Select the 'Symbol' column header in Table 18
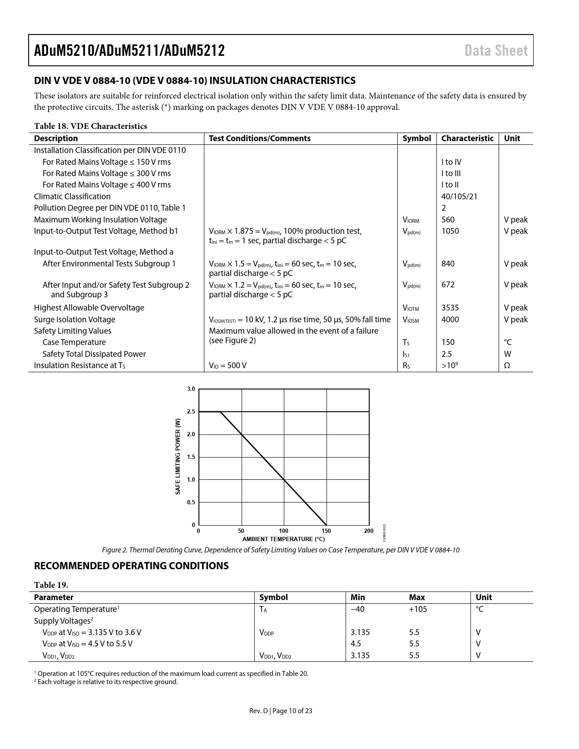click(416, 138)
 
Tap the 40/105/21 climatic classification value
click(459, 197)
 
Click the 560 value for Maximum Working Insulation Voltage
click(448, 220)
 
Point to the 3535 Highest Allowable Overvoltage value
click(450, 308)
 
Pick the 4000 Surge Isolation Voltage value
click(450, 320)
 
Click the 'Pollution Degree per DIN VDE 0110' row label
click(109, 208)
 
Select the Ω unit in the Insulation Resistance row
click(507, 365)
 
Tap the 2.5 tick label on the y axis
click(191, 412)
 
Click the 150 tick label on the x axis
click(326, 531)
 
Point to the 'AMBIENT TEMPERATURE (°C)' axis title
click(283, 539)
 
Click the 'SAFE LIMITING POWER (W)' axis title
click(178, 457)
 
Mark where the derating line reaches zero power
click(327, 525)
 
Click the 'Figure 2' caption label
click(114, 550)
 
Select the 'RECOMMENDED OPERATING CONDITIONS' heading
click(131, 566)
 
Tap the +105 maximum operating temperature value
click(418, 609)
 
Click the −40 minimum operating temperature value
click(357, 609)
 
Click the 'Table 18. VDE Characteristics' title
click(90, 126)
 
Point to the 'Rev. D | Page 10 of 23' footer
click(281, 711)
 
